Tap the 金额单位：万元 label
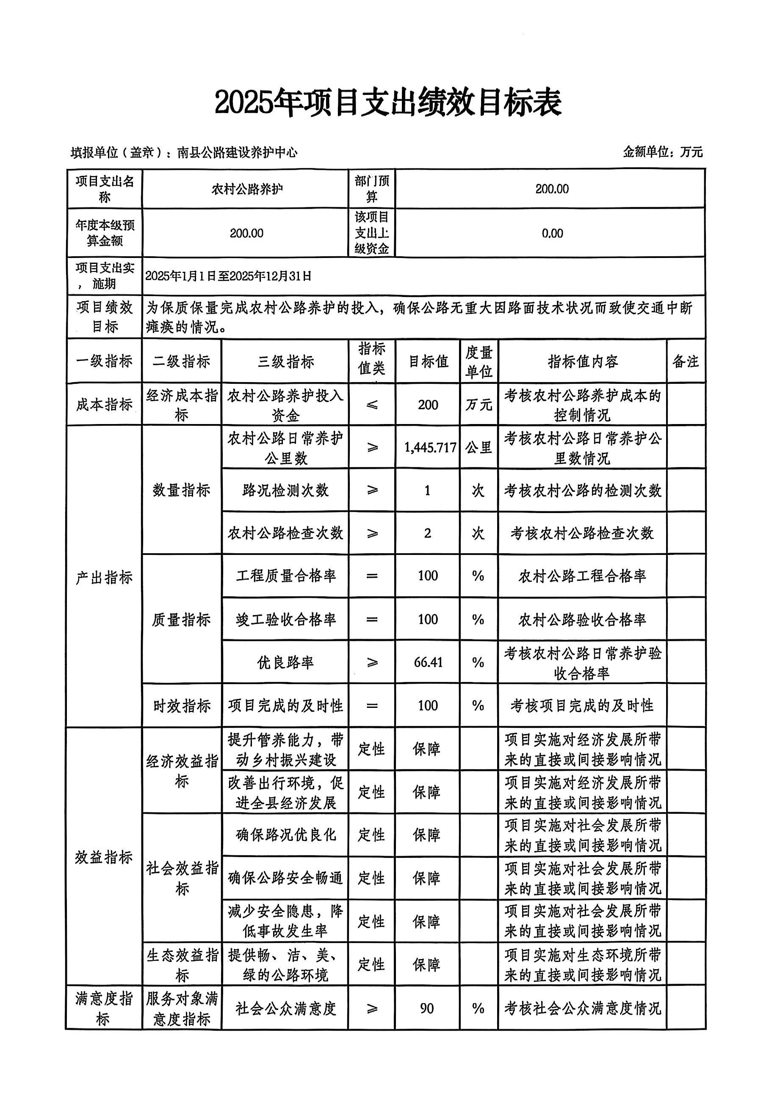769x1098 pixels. click(662, 152)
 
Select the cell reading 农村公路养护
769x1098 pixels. click(246, 189)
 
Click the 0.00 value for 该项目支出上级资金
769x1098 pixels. click(552, 233)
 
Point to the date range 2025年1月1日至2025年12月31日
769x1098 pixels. click(228, 276)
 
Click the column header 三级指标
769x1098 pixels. click(285, 361)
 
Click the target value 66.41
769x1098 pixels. click(428, 663)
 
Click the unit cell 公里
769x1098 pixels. click(479, 447)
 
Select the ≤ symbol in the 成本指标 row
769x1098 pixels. click(372, 405)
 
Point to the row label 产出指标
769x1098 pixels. click(104, 577)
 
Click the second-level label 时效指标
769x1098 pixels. click(182, 706)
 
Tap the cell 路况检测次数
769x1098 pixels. click(285, 490)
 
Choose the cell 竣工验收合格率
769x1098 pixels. click(285, 620)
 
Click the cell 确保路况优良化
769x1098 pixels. click(285, 835)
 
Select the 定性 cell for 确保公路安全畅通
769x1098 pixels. click(371, 878)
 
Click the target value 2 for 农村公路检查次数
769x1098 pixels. click(427, 533)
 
